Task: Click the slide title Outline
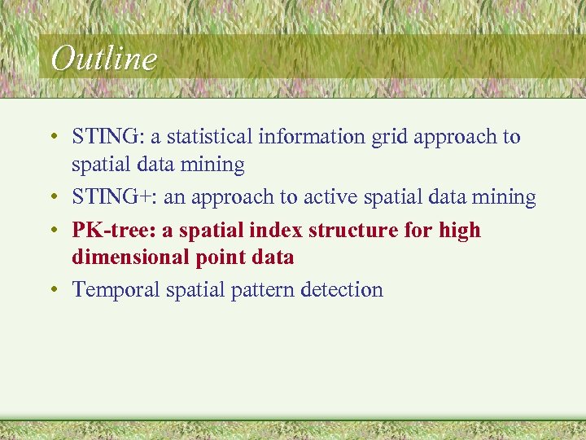coord(103,58)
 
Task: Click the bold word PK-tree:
coord(114,231)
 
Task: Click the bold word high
coord(460,231)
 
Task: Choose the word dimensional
coord(131,257)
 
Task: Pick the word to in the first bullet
coord(511,137)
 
